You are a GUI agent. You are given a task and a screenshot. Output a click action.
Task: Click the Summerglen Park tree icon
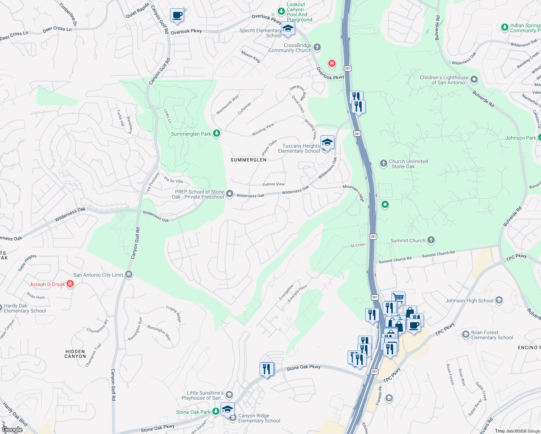pos(216,133)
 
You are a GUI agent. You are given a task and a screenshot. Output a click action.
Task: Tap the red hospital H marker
pos(332,64)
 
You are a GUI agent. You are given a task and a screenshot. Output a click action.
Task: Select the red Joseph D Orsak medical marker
pos(70,284)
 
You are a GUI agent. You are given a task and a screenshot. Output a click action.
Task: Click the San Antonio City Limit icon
pos(128,275)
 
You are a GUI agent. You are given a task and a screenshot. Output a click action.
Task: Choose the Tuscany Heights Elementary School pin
pos(327,143)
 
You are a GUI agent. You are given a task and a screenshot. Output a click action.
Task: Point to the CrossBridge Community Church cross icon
pos(317,47)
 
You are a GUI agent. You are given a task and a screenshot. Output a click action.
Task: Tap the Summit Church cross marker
pos(431,240)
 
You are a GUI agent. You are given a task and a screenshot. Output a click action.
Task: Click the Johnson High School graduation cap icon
pos(499,300)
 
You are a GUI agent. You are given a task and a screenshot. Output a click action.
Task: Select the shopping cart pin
pos(398,298)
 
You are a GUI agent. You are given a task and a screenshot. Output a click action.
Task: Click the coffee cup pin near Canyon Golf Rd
pos(177,16)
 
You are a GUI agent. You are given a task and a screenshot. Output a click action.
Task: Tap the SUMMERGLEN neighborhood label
pos(248,160)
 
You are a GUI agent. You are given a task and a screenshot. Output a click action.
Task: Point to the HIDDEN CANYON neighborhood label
pos(75,354)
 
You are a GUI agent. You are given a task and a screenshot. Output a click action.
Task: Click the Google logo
pos(12,430)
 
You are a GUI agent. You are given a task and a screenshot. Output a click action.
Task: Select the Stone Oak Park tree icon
pos(216,412)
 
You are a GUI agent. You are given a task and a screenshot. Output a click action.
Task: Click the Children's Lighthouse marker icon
pos(474,80)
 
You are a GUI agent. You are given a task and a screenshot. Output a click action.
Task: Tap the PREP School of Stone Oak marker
pos(230,194)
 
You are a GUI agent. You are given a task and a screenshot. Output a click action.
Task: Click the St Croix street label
pos(358,245)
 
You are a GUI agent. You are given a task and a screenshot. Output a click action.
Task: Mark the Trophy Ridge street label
pos(174,314)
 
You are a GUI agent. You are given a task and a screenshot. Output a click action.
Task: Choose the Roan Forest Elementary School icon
pos(466,335)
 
